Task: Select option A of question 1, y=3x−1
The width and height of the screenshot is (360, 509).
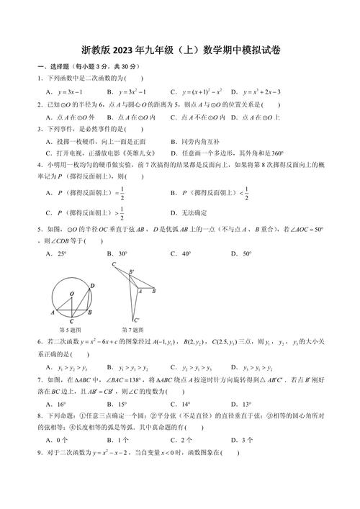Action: click(67, 91)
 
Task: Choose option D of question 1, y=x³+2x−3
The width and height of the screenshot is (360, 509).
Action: click(255, 91)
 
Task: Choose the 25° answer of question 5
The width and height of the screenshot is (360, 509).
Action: click(57, 253)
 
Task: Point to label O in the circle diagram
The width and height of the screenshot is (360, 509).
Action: click(72, 293)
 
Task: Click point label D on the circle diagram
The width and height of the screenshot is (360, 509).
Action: click(92, 286)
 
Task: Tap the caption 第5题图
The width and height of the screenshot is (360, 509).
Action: click(71, 329)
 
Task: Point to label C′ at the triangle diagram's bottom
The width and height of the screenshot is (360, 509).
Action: click(136, 320)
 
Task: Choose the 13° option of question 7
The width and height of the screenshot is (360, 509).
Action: click(244, 404)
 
